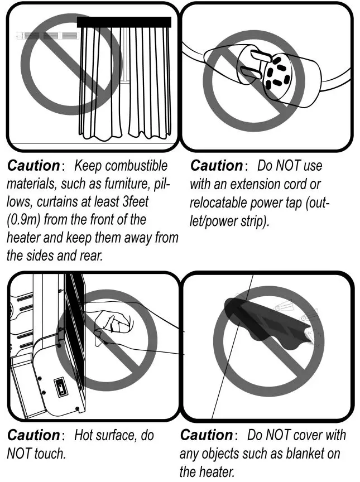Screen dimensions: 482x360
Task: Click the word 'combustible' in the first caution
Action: click(136, 166)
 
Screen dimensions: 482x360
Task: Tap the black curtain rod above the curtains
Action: click(123, 22)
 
